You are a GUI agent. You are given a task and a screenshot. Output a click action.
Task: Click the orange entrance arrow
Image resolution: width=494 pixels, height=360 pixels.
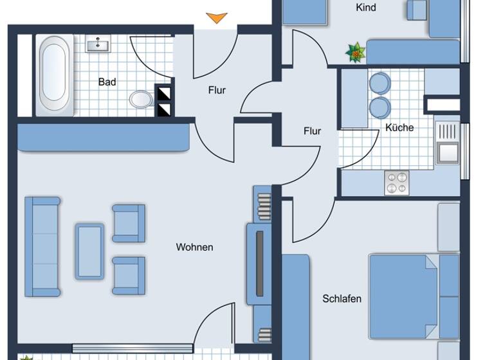[x=217, y=18]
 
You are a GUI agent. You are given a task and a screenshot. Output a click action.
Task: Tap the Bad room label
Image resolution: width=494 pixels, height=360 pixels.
[x=107, y=82]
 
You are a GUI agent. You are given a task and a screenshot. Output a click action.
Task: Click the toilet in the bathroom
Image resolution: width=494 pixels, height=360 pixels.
[x=141, y=99]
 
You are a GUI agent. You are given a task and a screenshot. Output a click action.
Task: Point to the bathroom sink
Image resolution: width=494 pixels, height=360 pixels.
[x=98, y=44]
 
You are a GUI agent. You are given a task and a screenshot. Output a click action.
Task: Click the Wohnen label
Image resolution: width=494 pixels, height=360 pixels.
[x=194, y=247]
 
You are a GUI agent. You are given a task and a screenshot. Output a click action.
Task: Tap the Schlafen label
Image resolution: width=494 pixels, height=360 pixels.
[x=342, y=298]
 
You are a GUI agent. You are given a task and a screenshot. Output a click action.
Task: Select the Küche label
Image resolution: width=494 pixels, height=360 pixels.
[x=399, y=127]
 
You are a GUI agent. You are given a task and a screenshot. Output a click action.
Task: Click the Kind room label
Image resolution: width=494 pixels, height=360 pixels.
[x=366, y=8]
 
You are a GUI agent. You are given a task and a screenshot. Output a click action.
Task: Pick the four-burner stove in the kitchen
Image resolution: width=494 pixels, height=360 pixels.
[x=396, y=183]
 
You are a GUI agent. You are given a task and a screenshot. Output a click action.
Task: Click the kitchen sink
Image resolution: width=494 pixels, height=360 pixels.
[x=448, y=152]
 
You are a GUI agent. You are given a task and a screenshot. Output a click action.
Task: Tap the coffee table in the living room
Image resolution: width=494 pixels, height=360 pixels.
[x=89, y=251]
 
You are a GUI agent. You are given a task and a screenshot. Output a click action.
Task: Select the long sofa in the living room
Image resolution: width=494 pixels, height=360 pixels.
[x=42, y=246]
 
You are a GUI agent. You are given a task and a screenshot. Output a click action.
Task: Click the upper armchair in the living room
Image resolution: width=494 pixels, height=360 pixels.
[x=129, y=222]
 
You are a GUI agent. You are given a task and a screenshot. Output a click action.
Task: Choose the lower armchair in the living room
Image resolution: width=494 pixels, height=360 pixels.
[x=129, y=276]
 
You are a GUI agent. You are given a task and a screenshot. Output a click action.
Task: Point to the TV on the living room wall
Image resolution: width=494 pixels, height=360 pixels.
[x=260, y=264]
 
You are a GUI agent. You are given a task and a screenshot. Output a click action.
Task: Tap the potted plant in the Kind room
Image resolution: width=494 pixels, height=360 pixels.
[x=355, y=53]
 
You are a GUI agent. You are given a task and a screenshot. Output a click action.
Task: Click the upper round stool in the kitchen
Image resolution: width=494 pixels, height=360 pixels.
[x=380, y=83]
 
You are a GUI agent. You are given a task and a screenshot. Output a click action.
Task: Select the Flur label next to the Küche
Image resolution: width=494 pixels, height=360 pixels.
[x=312, y=130]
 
